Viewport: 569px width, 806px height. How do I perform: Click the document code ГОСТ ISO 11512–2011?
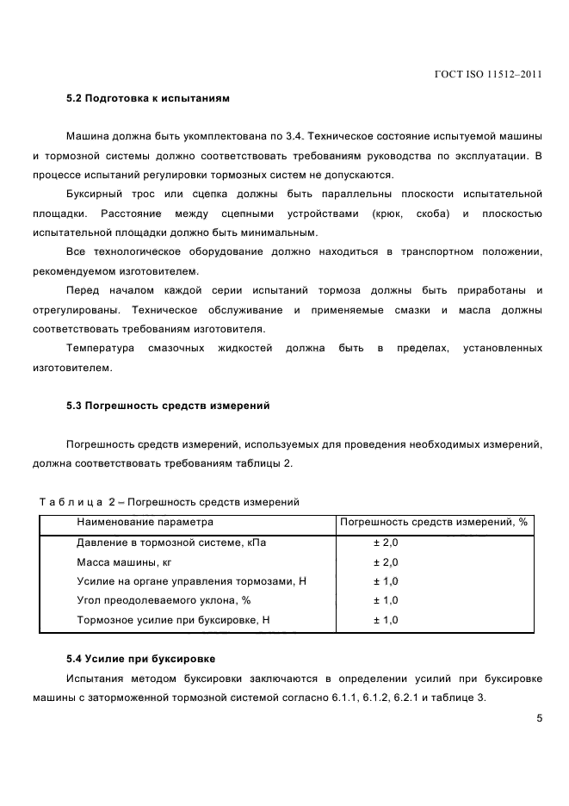(x=488, y=75)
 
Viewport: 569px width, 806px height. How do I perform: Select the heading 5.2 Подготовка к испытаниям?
(x=148, y=99)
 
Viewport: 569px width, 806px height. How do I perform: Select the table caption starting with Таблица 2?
(x=170, y=501)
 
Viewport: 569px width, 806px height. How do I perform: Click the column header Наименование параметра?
(x=145, y=522)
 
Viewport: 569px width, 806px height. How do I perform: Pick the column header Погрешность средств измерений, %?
(x=434, y=522)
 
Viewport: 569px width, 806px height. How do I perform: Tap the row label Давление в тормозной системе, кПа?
(x=171, y=542)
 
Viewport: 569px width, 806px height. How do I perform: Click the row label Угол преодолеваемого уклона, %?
(x=163, y=600)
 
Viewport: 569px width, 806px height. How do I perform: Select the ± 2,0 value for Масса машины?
(x=385, y=562)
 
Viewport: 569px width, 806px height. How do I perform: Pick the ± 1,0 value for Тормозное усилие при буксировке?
(x=385, y=620)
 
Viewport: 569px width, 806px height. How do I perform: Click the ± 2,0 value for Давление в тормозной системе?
(x=385, y=542)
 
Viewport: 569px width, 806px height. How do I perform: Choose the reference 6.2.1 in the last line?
(x=393, y=697)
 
